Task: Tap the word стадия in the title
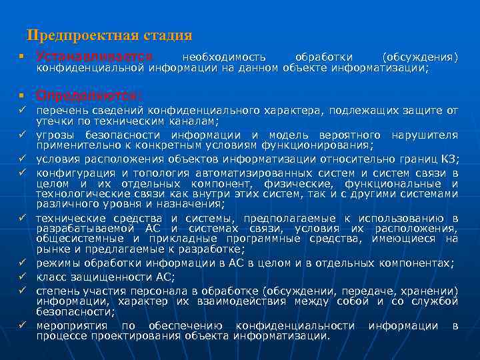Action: coord(166,35)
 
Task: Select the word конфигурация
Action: coord(71,172)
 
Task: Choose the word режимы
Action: coord(56,263)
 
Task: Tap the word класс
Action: coord(51,277)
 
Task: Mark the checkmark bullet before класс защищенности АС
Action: coord(23,276)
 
